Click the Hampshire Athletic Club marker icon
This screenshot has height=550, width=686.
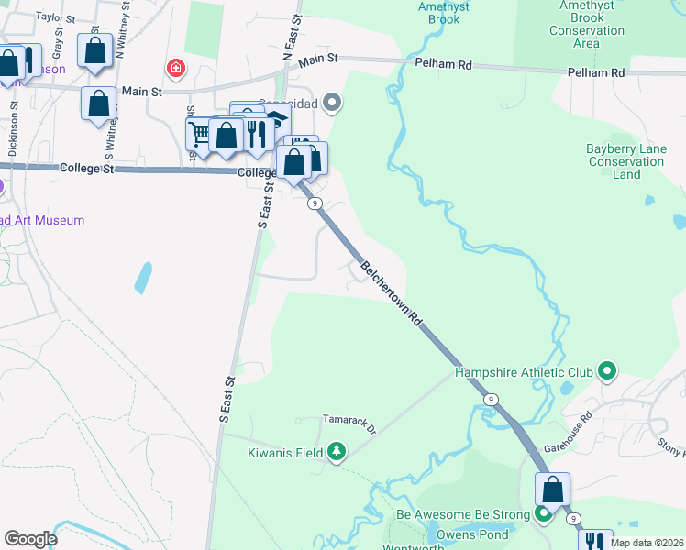[x=605, y=371]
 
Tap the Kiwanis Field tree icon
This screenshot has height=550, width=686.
[x=337, y=452]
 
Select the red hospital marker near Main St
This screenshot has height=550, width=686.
[x=175, y=68]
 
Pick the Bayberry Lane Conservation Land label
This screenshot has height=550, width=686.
[x=626, y=161]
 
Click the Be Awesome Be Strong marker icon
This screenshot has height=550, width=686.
[x=543, y=514]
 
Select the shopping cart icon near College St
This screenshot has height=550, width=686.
[x=199, y=133]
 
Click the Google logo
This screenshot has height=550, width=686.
[x=30, y=539]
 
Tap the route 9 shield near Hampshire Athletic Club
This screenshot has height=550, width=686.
[x=492, y=399]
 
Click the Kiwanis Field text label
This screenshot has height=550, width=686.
[x=286, y=453]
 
